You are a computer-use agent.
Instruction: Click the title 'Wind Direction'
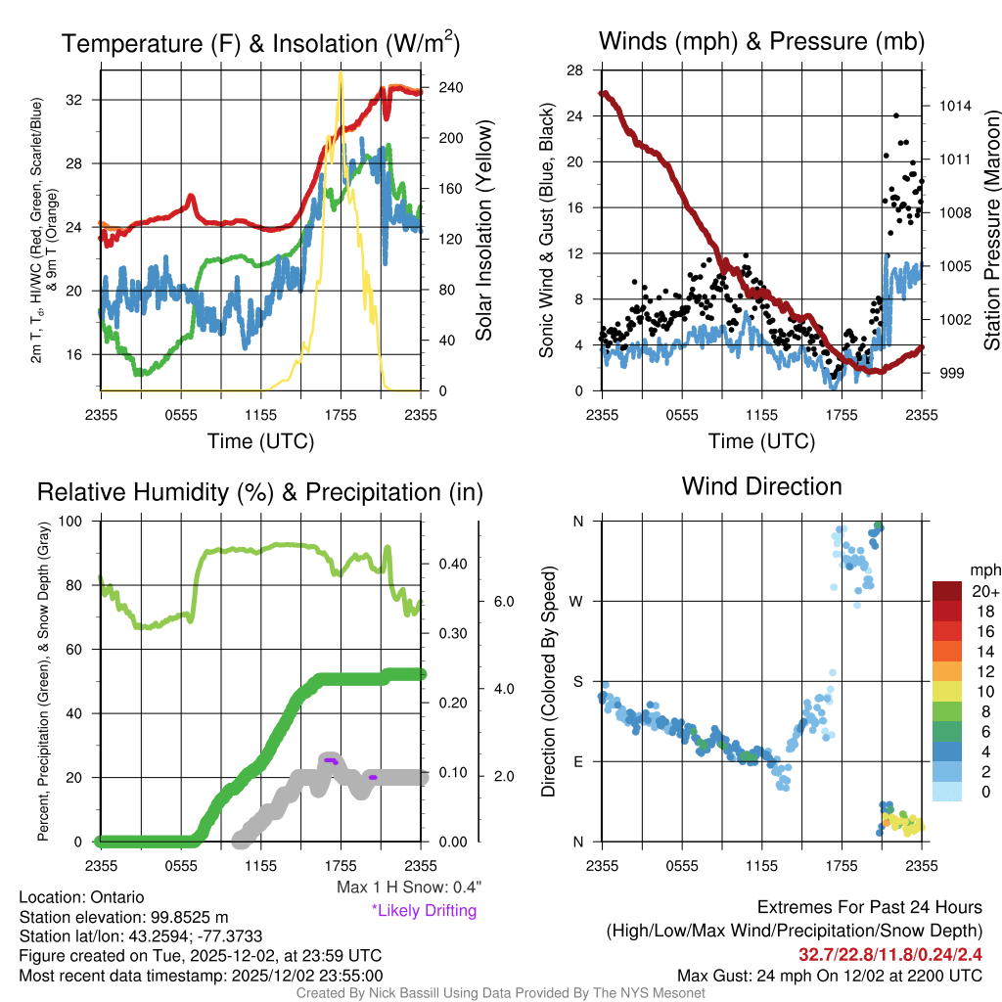[761, 486]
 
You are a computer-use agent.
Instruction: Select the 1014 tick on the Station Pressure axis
[953, 106]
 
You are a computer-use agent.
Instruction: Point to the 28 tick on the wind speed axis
[574, 69]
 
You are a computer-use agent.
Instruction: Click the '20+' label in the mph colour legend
[983, 592]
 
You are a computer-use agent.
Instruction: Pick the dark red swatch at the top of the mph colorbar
[947, 591]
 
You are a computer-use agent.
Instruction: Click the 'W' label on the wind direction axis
[578, 601]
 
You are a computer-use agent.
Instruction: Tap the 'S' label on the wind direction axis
[578, 681]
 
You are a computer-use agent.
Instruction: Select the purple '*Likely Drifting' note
[424, 911]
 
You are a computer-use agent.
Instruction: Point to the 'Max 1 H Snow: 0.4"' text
[408, 888]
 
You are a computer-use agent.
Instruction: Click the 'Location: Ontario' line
[81, 897]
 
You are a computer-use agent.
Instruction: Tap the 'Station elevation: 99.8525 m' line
[123, 917]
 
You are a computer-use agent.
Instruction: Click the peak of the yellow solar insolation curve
[340, 72]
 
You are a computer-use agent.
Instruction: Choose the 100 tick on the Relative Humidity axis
[78, 522]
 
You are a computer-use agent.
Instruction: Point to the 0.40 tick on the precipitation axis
[449, 564]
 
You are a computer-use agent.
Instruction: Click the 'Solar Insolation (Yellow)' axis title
[483, 231]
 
